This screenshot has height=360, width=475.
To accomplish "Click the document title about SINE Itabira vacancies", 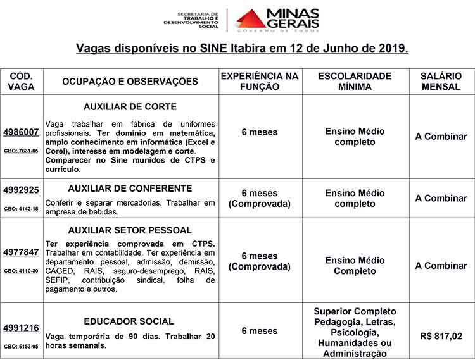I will click(242, 48).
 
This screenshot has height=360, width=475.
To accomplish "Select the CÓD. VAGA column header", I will click(22, 81).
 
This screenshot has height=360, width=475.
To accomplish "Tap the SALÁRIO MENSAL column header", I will click(441, 81).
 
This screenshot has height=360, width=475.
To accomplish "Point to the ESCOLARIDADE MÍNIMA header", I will click(355, 81).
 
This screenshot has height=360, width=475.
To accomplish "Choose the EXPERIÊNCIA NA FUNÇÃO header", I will click(259, 81).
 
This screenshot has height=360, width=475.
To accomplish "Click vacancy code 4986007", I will click(21, 132).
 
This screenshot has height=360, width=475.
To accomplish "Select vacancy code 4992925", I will click(21, 190).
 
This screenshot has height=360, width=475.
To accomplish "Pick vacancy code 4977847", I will click(21, 252).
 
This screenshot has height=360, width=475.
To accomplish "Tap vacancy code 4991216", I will click(21, 328).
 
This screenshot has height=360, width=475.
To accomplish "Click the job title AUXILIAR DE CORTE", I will click(130, 106).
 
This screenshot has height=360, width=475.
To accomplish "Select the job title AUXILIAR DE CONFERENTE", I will click(130, 189).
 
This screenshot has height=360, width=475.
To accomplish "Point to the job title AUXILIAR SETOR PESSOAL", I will click(130, 230).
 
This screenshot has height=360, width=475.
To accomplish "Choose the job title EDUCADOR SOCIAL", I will click(129, 321).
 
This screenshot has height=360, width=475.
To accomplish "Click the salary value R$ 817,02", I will click(441, 337).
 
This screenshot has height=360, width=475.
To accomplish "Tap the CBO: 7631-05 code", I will click(21, 151).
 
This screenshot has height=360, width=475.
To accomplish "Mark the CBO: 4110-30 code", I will click(21, 271).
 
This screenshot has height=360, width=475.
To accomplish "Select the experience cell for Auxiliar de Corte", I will click(259, 132).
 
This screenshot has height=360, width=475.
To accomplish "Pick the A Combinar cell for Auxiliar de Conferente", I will click(441, 198).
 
